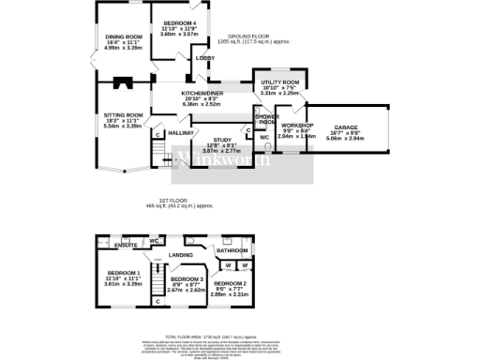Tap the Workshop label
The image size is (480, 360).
(297, 126)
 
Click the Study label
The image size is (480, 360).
(220, 140)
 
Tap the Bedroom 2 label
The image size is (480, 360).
(229, 283)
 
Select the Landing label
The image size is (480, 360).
(181, 254)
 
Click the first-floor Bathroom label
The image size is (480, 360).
(232, 250)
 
